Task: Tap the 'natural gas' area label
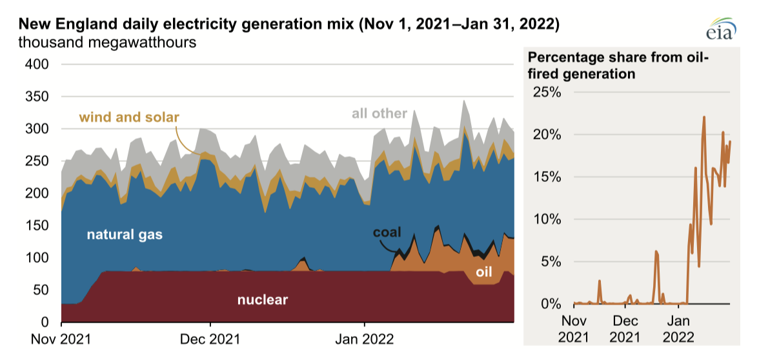[x=125, y=235]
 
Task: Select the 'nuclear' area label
[x=262, y=299]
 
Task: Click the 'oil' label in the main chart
[x=484, y=273]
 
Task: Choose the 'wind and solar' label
[x=129, y=117]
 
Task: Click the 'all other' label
[x=379, y=114]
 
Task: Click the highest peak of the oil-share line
[x=703, y=117]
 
